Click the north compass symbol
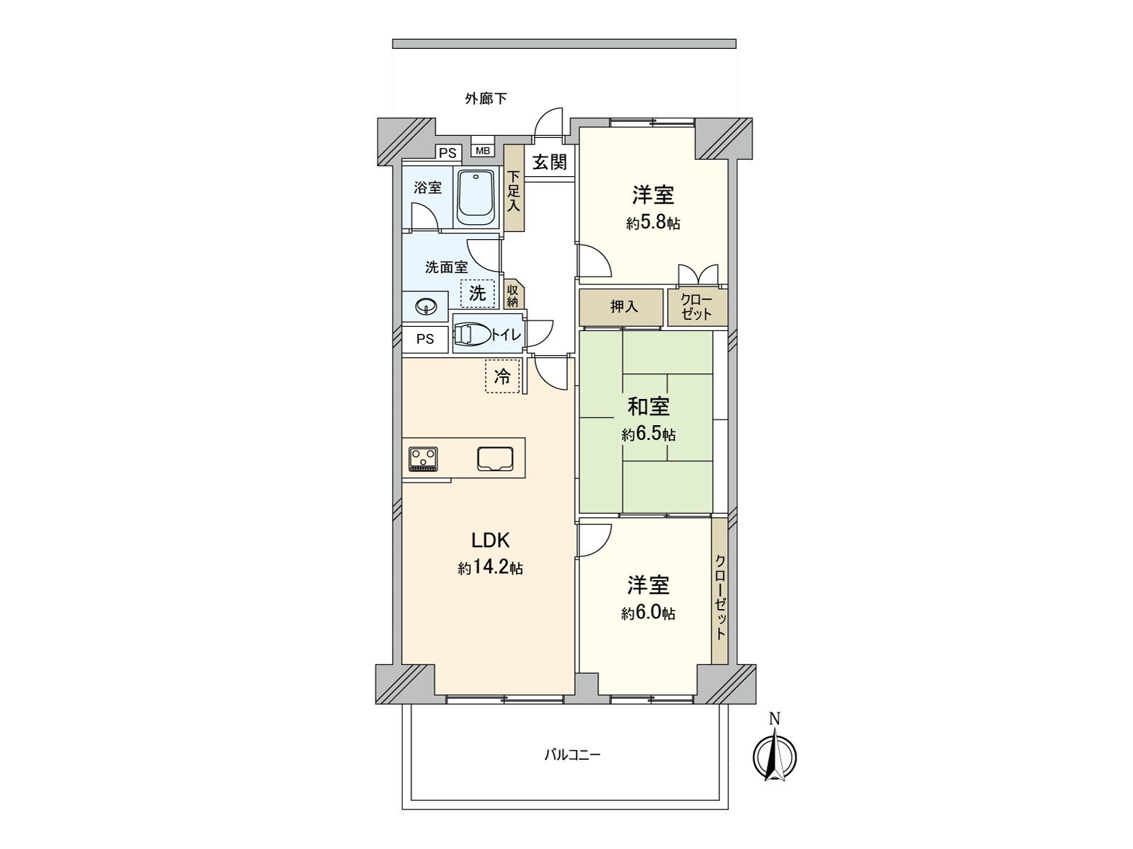pyautogui.click(x=774, y=756)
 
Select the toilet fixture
pyautogui.click(x=472, y=335)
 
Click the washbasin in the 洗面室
pyautogui.click(x=426, y=307)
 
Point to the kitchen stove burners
pyautogui.click(x=423, y=458)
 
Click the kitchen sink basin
pyautogui.click(x=495, y=458)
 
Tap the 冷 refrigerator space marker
pyautogui.click(x=502, y=376)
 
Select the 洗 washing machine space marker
pyautogui.click(x=477, y=294)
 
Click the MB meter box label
pyautogui.click(x=482, y=151)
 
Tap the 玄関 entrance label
pyautogui.click(x=550, y=163)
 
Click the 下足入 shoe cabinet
pyautogui.click(x=513, y=188)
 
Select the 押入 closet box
pyautogui.click(x=620, y=307)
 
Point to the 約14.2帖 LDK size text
pyautogui.click(x=490, y=569)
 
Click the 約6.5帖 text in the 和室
pyautogui.click(x=649, y=434)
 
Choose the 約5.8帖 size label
pyautogui.click(x=653, y=223)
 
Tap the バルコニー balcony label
pyautogui.click(x=572, y=756)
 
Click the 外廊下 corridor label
pyautogui.click(x=486, y=98)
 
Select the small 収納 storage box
pyautogui.click(x=513, y=295)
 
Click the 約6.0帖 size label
pyautogui.click(x=648, y=613)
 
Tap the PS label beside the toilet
pyautogui.click(x=426, y=339)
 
